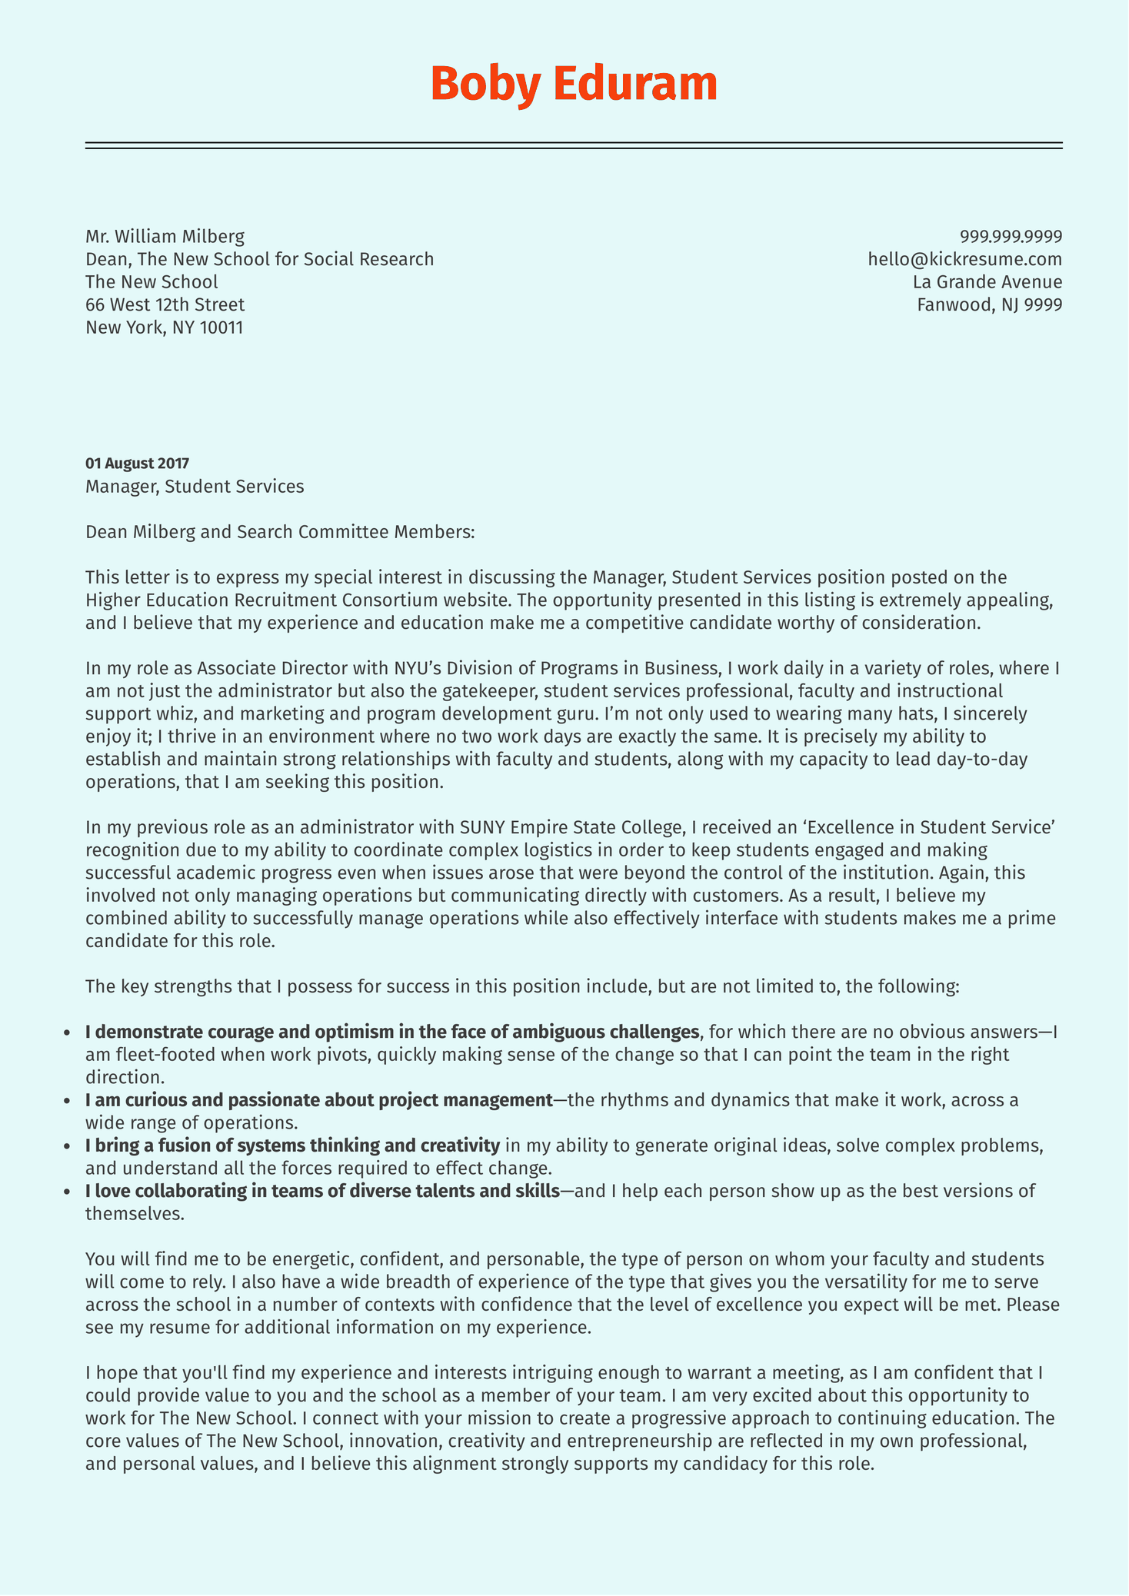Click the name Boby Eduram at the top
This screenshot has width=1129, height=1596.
coord(574,84)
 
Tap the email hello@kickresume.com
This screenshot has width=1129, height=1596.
coord(964,259)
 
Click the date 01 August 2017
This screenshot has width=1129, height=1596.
coord(137,464)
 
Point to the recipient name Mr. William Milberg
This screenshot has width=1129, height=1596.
coord(165,236)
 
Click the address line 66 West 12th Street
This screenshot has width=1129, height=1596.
coord(165,304)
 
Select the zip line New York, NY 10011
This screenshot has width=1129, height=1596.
coord(164,328)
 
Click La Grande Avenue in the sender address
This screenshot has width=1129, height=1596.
coord(987,281)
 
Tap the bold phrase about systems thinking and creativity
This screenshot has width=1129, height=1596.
coord(292,1145)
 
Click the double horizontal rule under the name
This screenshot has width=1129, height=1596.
coord(574,145)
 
